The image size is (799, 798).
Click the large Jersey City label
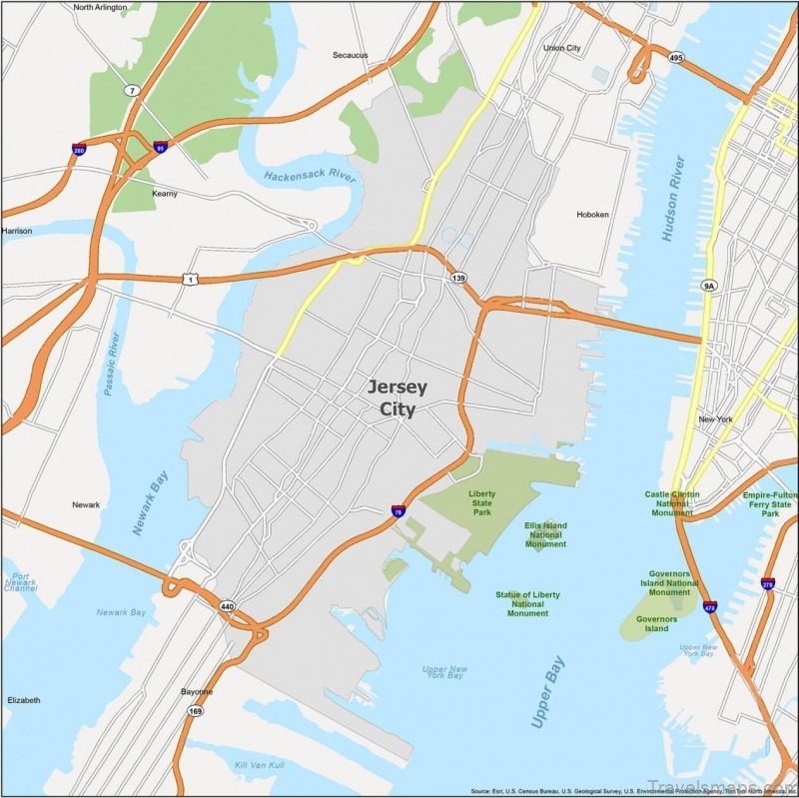click(398, 398)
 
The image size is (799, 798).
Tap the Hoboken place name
click(592, 215)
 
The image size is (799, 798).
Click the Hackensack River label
click(311, 177)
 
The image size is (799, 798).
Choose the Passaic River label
click(112, 363)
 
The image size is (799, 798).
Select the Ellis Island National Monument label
click(545, 534)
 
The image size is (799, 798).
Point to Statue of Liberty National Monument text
click(527, 603)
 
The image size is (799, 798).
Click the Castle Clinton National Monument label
click(672, 503)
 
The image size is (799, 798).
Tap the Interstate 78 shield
click(399, 511)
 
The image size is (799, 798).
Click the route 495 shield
click(677, 58)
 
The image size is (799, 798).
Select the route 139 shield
click(458, 278)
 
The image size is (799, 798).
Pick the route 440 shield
click(226, 605)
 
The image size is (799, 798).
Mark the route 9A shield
click(709, 286)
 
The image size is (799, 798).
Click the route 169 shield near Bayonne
click(197, 711)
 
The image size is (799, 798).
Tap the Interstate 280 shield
click(79, 149)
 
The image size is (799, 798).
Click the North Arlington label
click(101, 7)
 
